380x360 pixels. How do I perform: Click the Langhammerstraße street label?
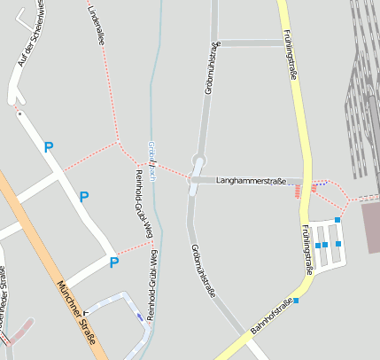click(x=251, y=181)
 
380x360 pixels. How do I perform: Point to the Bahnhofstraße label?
click(x=271, y=317)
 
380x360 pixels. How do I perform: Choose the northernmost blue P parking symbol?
click(x=49, y=147)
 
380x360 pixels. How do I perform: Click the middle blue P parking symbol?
click(x=84, y=197)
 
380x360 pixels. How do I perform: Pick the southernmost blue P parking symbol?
click(x=113, y=262)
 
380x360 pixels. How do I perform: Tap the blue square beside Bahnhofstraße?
click(x=296, y=301)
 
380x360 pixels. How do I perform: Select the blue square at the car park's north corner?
click(x=337, y=220)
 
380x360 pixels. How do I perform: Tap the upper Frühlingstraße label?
click(x=288, y=54)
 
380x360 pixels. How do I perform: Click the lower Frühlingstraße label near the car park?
click(x=309, y=250)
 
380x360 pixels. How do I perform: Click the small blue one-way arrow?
click(x=139, y=317)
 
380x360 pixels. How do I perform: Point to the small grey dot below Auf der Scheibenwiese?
click(x=19, y=114)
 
